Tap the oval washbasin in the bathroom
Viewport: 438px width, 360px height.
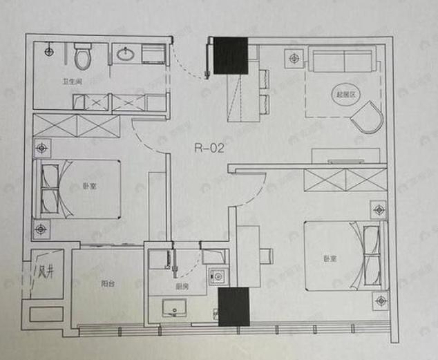(126, 54)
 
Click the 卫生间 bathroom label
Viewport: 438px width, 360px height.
(72, 82)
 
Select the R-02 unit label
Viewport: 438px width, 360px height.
(207, 146)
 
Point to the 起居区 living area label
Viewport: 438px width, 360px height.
(345, 95)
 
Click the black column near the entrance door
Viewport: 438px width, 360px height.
(230, 55)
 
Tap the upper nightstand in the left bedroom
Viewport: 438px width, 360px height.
(43, 147)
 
